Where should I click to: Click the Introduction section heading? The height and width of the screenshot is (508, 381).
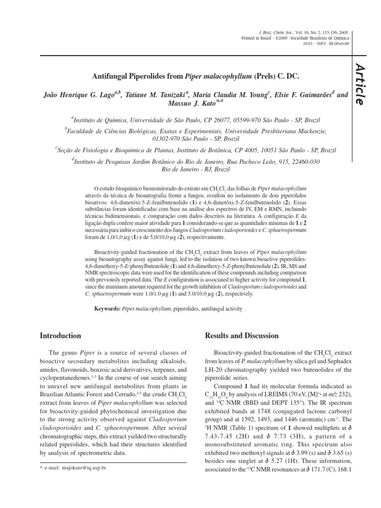pos(60,336)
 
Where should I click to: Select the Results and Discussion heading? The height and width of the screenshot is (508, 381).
pos(242,336)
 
